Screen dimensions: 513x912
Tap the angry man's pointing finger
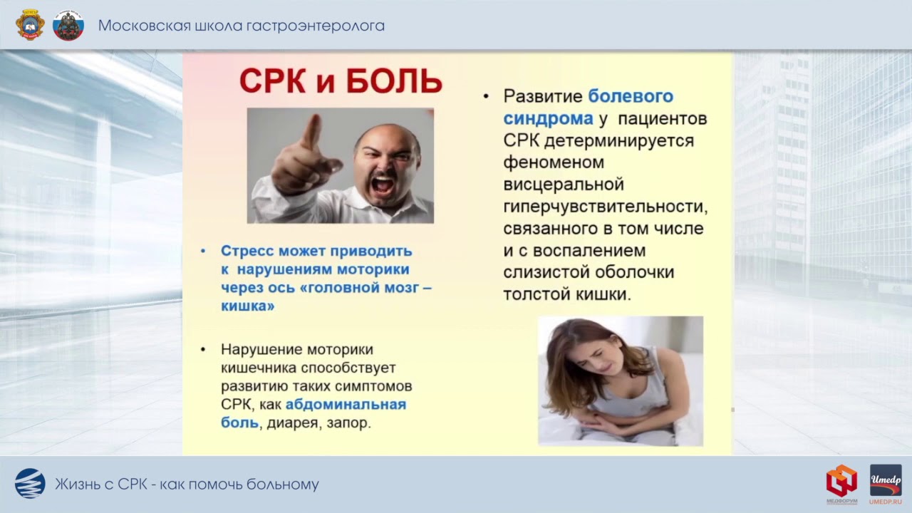click(x=311, y=131)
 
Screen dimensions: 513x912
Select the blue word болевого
click(x=631, y=96)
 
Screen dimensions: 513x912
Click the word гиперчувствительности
click(x=605, y=207)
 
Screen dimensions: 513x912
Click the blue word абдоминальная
click(x=346, y=405)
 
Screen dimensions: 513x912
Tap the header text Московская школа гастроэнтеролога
click(x=241, y=26)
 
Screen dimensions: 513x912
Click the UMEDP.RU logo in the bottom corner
click(x=885, y=484)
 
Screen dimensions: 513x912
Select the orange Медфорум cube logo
click(x=841, y=482)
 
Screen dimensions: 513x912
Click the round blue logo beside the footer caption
click(x=30, y=484)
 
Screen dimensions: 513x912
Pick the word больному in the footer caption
click(x=282, y=485)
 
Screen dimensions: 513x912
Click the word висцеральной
click(x=563, y=185)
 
